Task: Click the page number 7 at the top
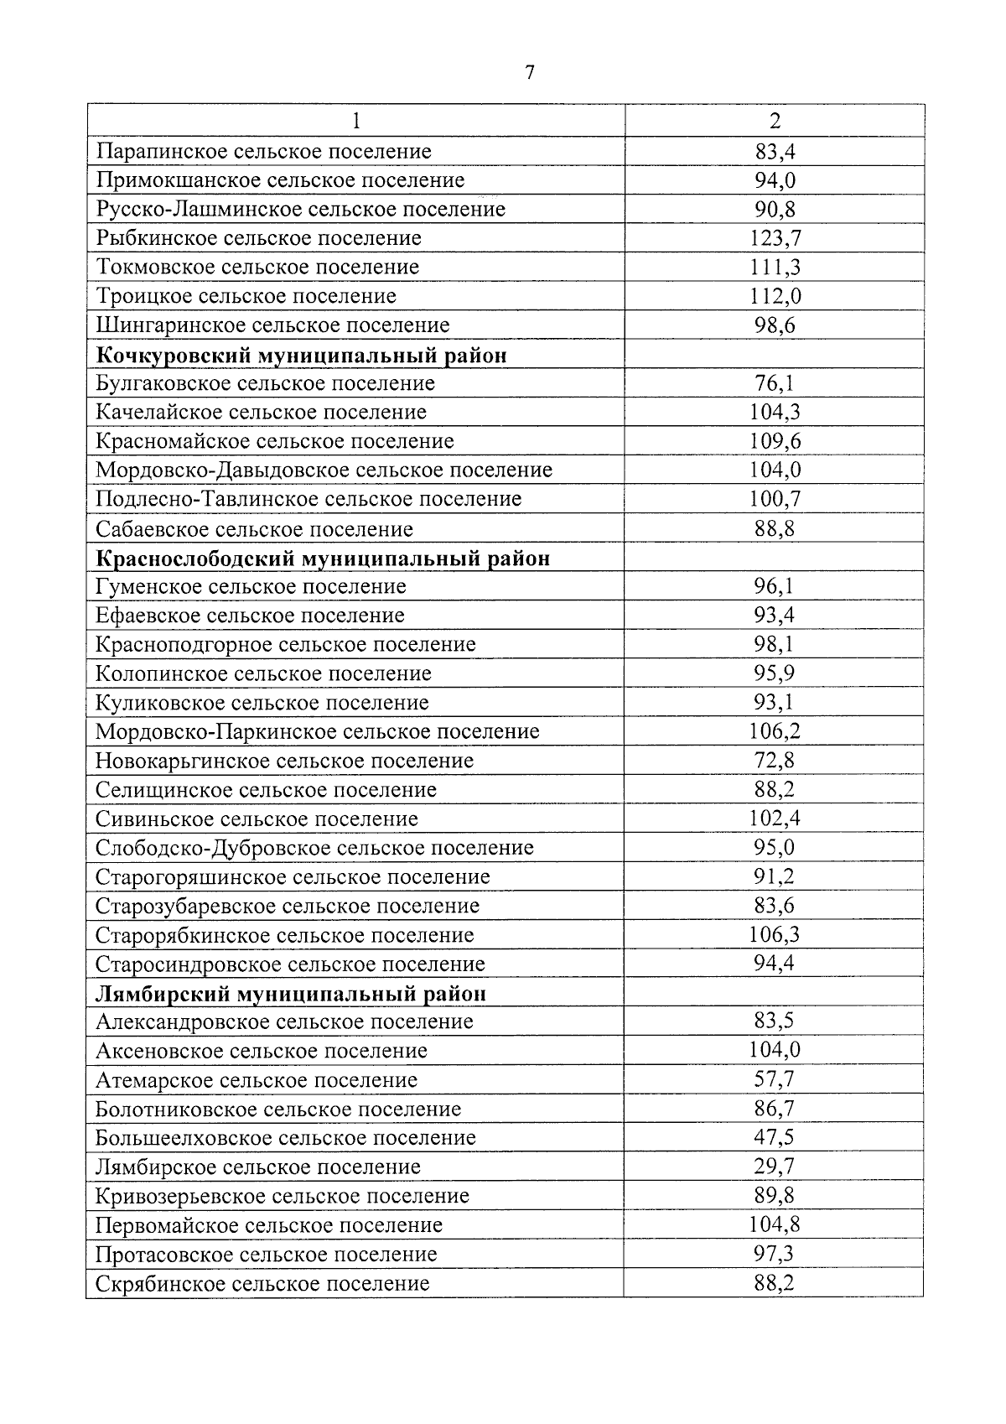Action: click(x=529, y=73)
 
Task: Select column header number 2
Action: click(x=774, y=121)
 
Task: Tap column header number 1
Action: click(x=356, y=121)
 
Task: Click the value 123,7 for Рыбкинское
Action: click(x=774, y=238)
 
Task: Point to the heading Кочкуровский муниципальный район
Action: click(x=302, y=355)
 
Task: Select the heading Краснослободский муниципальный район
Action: click(x=323, y=558)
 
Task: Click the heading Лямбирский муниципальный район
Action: click(x=291, y=994)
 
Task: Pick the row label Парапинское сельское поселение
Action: click(x=264, y=152)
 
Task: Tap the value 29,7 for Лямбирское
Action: click(x=774, y=1167)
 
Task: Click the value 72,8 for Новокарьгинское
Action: click(x=774, y=761)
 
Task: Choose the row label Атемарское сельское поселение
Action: click(x=257, y=1080)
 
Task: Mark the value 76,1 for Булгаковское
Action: click(x=774, y=383)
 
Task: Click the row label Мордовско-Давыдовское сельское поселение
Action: click(x=324, y=470)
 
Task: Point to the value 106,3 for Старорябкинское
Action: click(x=774, y=934)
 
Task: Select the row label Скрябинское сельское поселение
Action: click(x=262, y=1283)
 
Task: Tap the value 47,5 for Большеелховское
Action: click(x=774, y=1138)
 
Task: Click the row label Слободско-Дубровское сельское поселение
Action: click(x=314, y=848)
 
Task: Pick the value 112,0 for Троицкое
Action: click(x=774, y=296)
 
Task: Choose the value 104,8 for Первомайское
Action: click(x=774, y=1225)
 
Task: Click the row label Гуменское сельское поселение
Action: click(x=251, y=586)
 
